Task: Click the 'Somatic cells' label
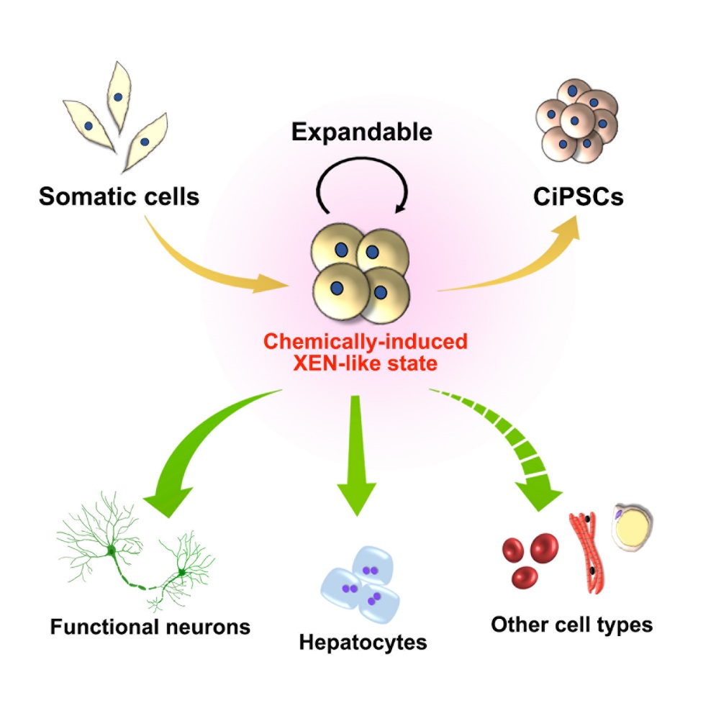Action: [119, 196]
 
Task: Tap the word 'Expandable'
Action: [362, 132]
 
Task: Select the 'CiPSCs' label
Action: [578, 196]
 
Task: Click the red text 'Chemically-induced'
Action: [366, 342]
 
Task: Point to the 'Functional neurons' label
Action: [150, 627]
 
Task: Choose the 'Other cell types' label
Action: [571, 625]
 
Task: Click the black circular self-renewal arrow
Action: [362, 159]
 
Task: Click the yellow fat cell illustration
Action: [633, 528]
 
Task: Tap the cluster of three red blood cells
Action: [530, 559]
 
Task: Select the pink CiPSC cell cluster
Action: [576, 122]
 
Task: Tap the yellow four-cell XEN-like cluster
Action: [361, 273]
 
